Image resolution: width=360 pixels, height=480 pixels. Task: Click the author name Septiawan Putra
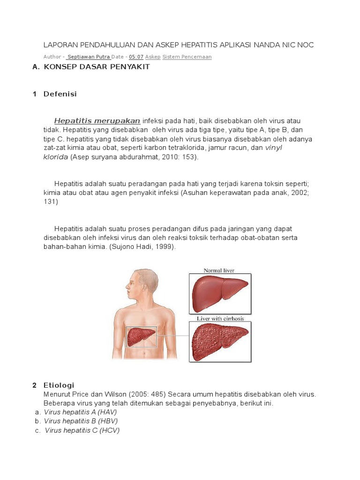point(89,57)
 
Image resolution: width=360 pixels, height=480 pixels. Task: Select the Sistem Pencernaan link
point(187,57)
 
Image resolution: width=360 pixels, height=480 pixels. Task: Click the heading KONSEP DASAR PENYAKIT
point(97,67)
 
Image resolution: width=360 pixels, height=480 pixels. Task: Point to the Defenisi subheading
point(60,94)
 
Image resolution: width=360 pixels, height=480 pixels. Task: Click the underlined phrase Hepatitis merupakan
point(97,120)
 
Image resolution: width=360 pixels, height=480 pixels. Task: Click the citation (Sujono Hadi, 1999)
point(142,247)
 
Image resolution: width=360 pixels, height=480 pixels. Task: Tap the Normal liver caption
point(219,270)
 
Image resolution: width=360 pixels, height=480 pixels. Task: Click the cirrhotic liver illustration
point(219,341)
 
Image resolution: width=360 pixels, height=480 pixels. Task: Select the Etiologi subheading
point(59,385)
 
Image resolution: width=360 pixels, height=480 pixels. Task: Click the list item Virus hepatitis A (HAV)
point(80,412)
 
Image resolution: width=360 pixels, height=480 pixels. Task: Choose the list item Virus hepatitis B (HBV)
point(80,421)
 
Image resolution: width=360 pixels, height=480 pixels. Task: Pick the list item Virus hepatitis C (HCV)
point(82,430)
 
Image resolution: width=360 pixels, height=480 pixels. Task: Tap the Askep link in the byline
point(153,57)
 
